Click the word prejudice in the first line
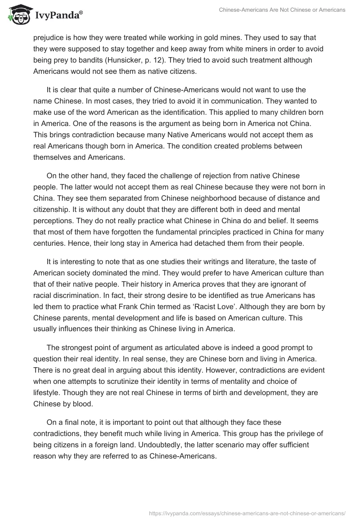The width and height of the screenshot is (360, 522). pos(49,36)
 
